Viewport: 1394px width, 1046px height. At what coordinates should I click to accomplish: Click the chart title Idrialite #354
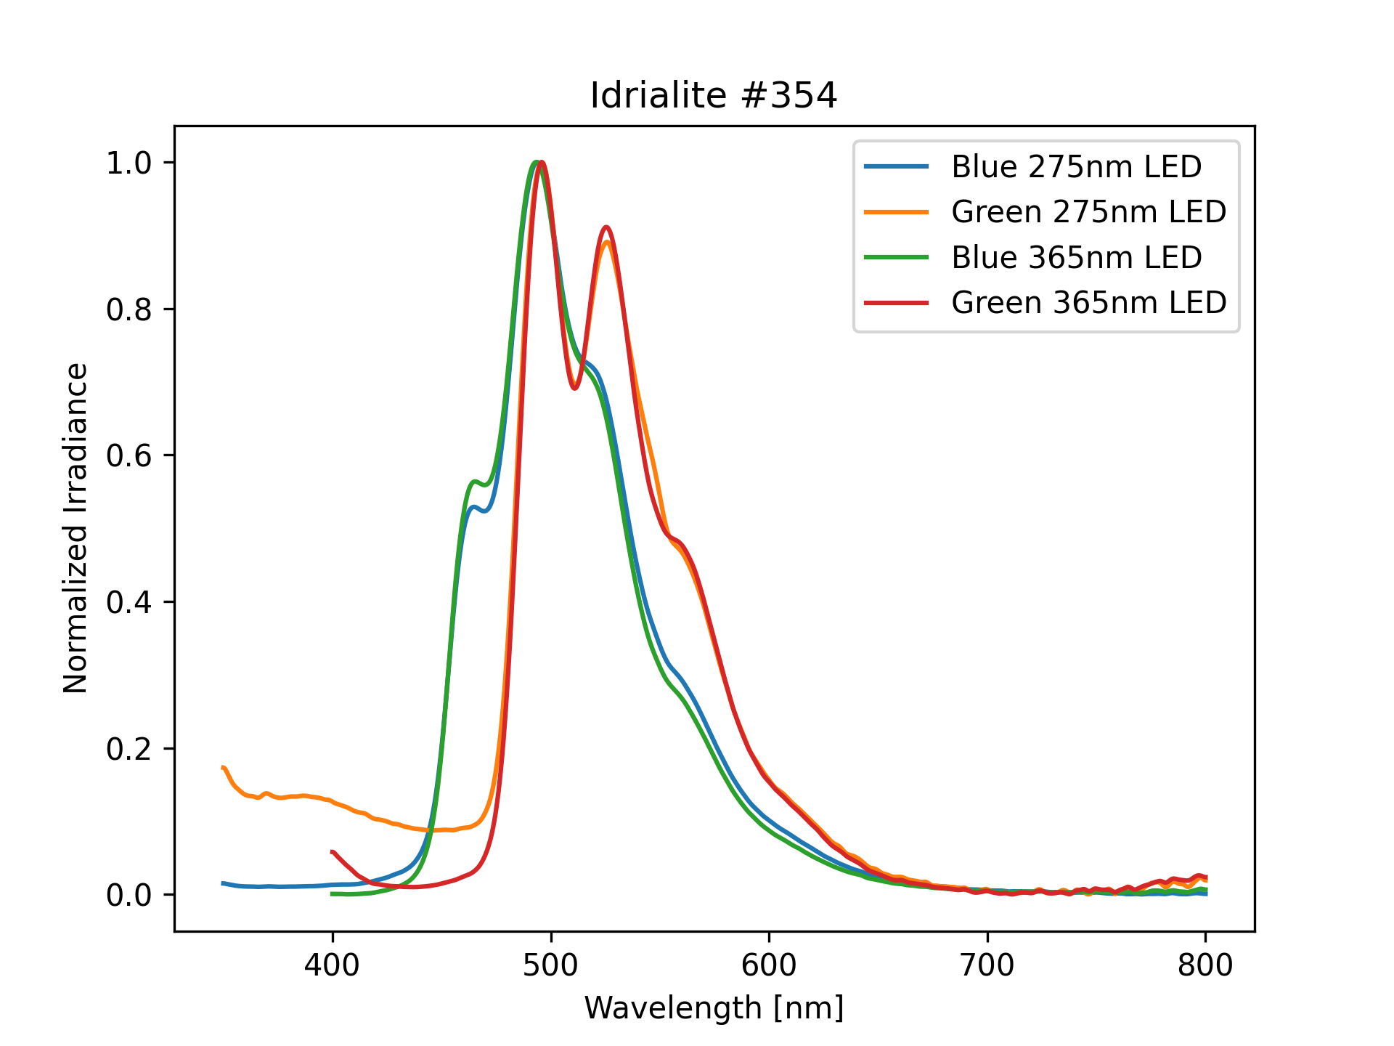[x=714, y=96]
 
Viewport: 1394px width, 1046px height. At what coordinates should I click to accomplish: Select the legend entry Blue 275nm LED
[x=1076, y=167]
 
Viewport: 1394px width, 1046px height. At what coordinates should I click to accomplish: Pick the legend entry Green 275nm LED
[x=1088, y=212]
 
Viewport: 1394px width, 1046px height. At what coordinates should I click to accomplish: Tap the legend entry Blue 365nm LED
[x=1076, y=257]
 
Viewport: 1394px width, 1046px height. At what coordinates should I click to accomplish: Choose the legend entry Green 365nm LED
[x=1088, y=302]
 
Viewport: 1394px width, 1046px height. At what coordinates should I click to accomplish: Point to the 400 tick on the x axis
[x=333, y=965]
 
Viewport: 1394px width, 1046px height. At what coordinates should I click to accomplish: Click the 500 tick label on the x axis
[x=551, y=965]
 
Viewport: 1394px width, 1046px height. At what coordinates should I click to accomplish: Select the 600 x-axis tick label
[x=769, y=965]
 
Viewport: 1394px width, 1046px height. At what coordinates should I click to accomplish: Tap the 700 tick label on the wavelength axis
[x=987, y=965]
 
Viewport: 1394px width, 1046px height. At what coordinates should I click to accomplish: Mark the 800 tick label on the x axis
[x=1205, y=965]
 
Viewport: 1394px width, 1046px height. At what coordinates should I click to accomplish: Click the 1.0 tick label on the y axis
[x=129, y=163]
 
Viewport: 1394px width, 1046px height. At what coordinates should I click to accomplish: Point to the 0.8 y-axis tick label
[x=129, y=309]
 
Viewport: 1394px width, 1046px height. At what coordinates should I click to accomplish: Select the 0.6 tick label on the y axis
[x=129, y=455]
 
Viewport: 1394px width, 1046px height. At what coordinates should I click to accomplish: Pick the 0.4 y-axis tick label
[x=129, y=602]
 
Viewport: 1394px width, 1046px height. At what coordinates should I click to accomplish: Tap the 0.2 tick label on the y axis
[x=129, y=749]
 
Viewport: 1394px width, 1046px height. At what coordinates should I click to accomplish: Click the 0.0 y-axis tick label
[x=129, y=895]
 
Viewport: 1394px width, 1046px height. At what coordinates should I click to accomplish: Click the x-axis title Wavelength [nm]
[x=714, y=1008]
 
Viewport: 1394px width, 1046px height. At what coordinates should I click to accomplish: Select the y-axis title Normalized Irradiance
[x=76, y=528]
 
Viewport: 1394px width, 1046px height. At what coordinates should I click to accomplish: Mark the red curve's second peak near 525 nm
[x=606, y=227]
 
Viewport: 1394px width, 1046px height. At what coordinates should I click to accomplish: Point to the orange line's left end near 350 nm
[x=223, y=768]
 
